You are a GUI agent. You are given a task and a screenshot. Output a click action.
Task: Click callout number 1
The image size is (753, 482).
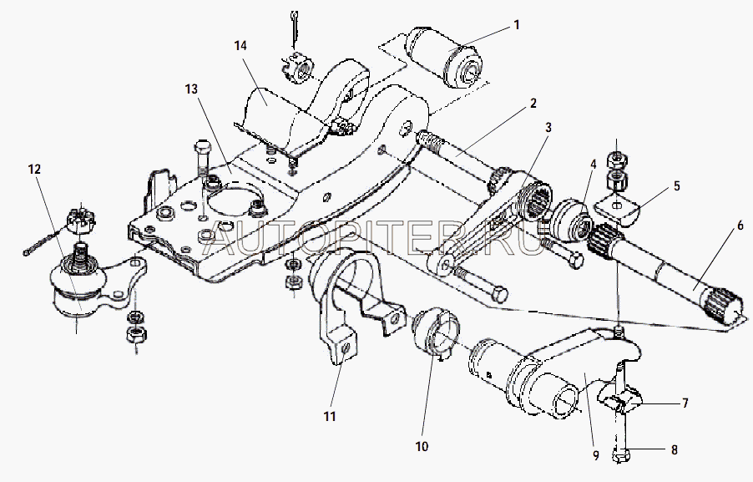pos(516,25)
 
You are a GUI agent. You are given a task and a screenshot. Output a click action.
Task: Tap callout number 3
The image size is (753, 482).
pos(548,128)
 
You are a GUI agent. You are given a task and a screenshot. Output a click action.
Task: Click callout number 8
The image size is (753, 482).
pos(674,449)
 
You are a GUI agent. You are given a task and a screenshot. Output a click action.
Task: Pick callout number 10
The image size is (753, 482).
pos(421,447)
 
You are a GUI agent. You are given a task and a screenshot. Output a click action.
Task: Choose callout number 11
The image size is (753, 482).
pos(331,415)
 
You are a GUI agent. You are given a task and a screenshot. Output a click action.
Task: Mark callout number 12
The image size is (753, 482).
pos(33,169)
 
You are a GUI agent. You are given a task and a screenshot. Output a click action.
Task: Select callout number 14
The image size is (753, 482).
pos(241,45)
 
